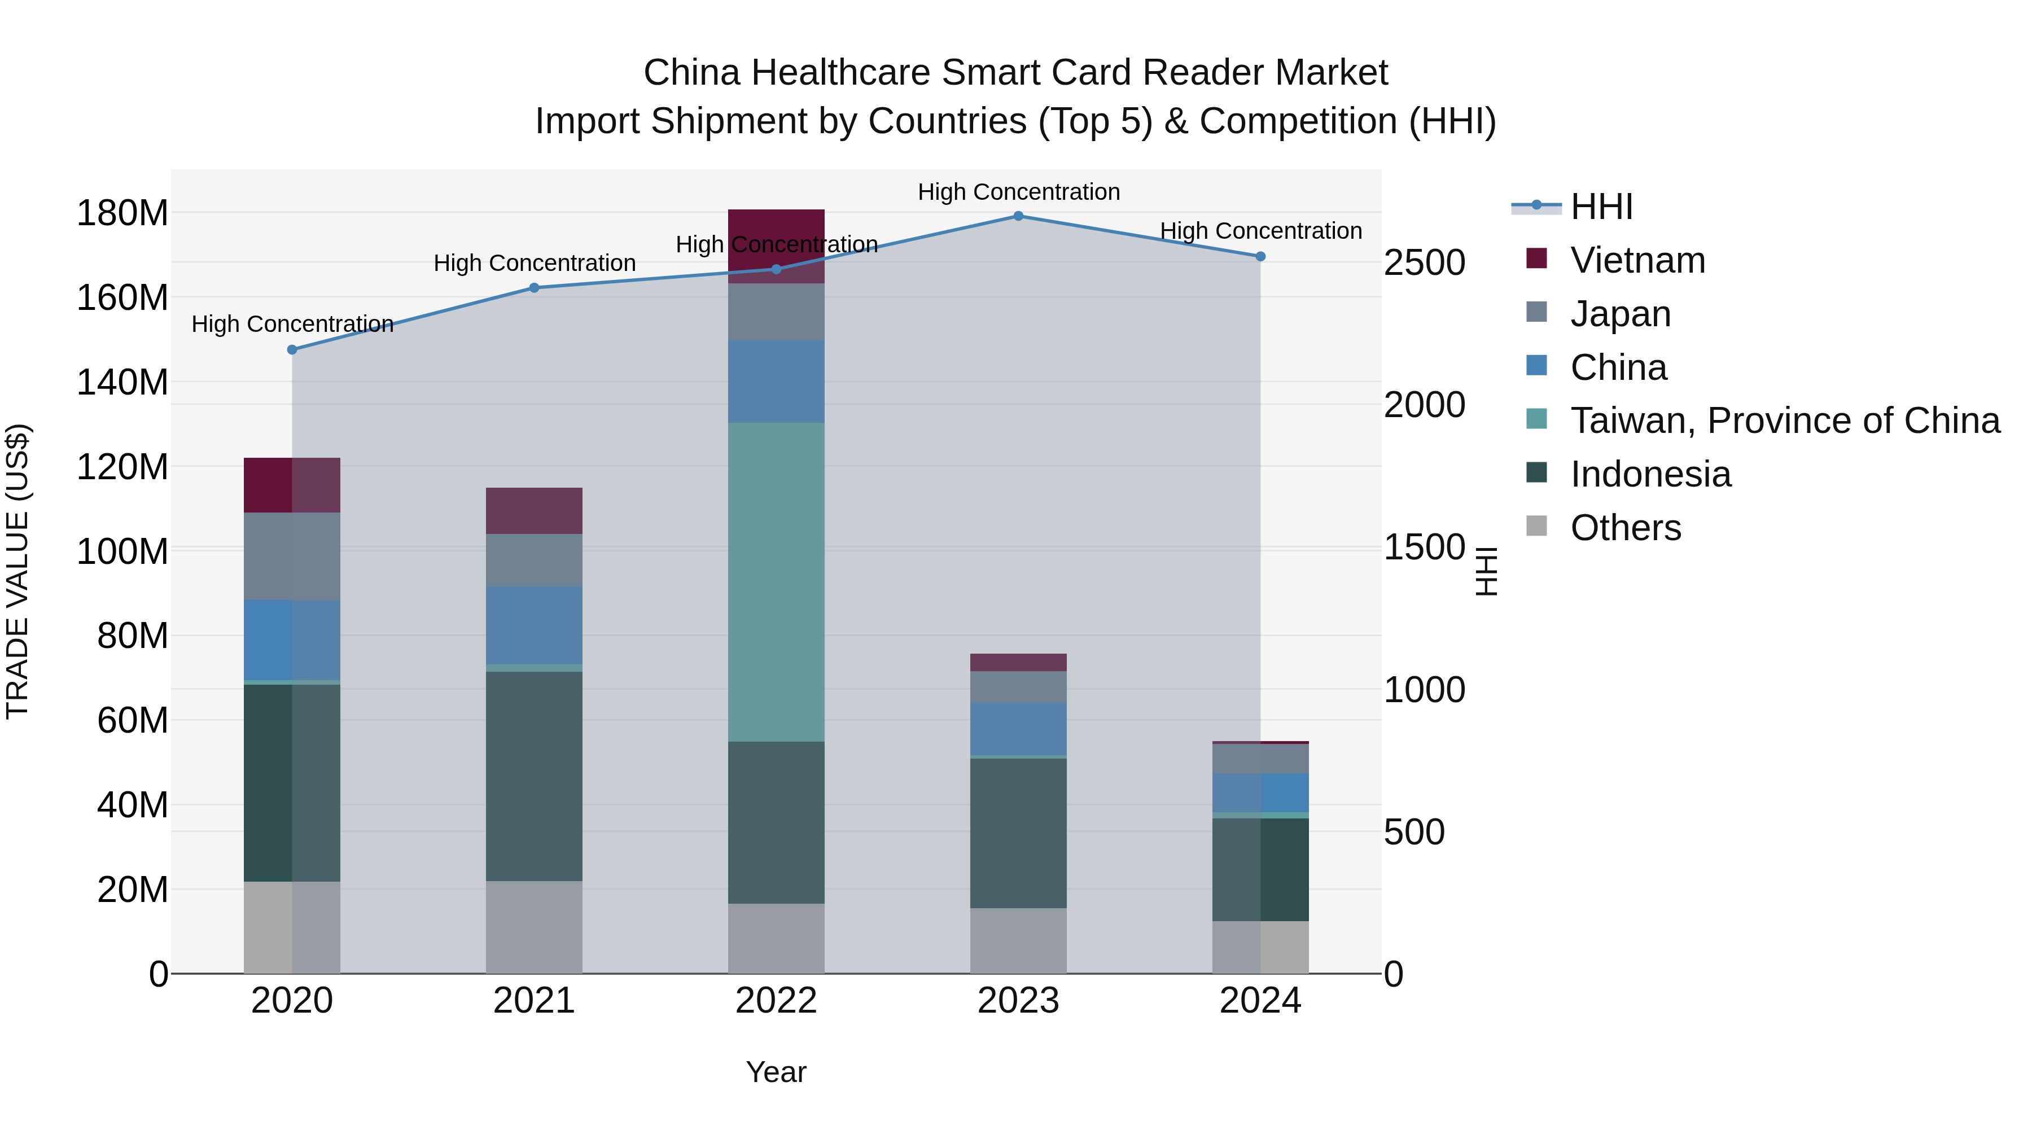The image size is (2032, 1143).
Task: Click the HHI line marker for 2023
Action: point(1018,216)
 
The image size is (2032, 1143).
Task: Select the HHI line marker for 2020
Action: point(292,349)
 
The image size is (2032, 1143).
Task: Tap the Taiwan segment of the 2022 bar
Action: point(776,582)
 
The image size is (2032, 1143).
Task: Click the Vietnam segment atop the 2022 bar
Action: point(776,229)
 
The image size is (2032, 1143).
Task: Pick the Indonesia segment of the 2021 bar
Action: point(534,776)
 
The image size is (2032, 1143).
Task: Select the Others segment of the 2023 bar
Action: point(1018,940)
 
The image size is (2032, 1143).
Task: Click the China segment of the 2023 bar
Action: point(1018,729)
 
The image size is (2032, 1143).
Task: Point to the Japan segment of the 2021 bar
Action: point(534,560)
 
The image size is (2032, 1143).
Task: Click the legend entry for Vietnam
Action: point(1637,260)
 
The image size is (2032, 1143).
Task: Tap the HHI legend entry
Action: point(1601,207)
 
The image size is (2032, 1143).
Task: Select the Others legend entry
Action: point(1625,528)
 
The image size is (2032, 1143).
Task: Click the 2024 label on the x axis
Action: point(1260,1001)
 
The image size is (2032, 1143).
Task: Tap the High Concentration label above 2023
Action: point(1018,192)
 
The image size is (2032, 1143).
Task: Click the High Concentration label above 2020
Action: point(292,324)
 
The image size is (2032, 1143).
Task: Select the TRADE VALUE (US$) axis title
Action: point(17,571)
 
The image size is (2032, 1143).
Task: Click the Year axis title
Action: point(776,1072)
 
